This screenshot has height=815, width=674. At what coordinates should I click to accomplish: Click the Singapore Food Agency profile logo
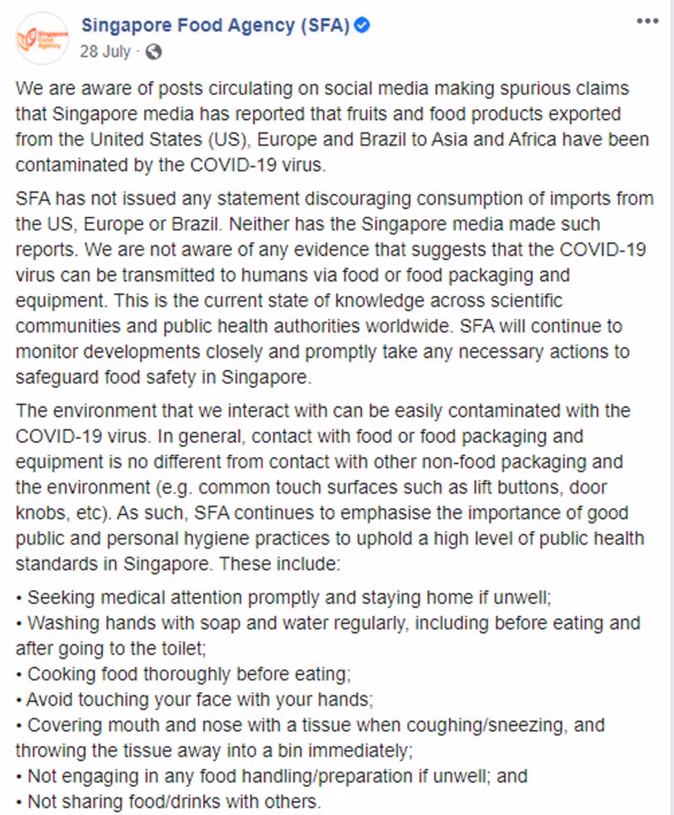tap(42, 38)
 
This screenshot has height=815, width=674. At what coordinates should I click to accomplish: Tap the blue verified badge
tap(362, 25)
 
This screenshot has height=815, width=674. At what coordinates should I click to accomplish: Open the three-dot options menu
tap(647, 21)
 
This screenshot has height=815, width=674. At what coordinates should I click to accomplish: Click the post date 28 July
tap(105, 52)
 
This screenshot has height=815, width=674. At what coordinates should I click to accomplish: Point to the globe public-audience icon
tap(153, 52)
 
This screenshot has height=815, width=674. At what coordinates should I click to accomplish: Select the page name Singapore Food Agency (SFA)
tap(215, 25)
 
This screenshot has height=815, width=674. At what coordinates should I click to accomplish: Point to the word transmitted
tap(168, 275)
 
